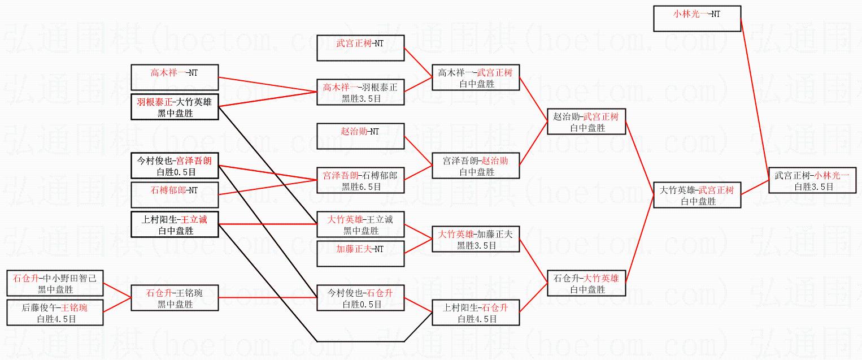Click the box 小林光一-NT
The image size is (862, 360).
point(696,19)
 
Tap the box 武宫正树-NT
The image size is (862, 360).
point(360,48)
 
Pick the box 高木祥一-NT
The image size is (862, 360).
point(174,77)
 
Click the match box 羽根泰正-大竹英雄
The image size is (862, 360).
point(174,107)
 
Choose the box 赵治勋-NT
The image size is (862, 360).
point(360,136)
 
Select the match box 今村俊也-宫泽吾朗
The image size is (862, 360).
point(174,166)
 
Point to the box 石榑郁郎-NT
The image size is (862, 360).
point(174,195)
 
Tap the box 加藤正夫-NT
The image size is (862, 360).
point(360,254)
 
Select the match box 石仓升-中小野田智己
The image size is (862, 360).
point(55,283)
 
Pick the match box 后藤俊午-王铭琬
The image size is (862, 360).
point(55,313)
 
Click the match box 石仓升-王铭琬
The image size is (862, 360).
point(174,298)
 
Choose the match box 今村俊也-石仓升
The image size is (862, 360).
point(360,298)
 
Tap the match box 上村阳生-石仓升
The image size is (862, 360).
point(476,313)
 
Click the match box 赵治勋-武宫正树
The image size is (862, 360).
point(586,122)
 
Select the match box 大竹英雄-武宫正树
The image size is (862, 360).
point(696,196)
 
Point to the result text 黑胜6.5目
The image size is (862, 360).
point(361,186)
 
